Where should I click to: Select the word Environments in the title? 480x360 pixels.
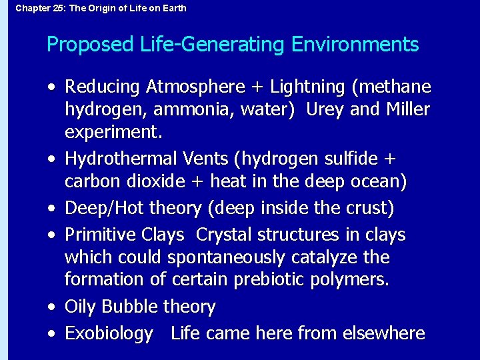355,45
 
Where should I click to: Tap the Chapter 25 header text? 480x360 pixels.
101,8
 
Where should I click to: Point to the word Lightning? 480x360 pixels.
307,87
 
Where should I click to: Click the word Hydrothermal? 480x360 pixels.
118,159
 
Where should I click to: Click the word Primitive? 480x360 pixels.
101,235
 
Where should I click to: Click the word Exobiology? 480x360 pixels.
109,333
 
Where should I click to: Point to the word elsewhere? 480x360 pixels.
385,333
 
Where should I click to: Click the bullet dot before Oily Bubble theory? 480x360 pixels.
51,307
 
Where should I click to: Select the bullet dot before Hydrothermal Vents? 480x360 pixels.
51,159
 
